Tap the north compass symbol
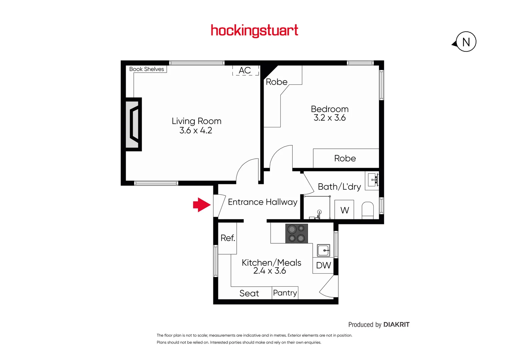(465, 42)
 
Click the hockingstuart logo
(254, 31)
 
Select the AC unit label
(245, 70)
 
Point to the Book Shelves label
(147, 69)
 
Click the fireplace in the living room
(133, 124)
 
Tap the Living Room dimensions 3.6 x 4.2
(196, 130)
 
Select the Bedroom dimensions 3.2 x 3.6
(329, 118)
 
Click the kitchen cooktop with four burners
(297, 233)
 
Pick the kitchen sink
(323, 250)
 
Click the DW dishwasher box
(323, 265)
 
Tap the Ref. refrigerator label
(228, 238)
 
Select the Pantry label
(285, 293)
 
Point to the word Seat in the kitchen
(249, 293)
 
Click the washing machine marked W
(345, 210)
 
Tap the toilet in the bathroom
(368, 210)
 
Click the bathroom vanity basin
(372, 180)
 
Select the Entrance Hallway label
(262, 202)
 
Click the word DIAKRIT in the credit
(396, 325)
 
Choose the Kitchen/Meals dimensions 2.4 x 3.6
(269, 271)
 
